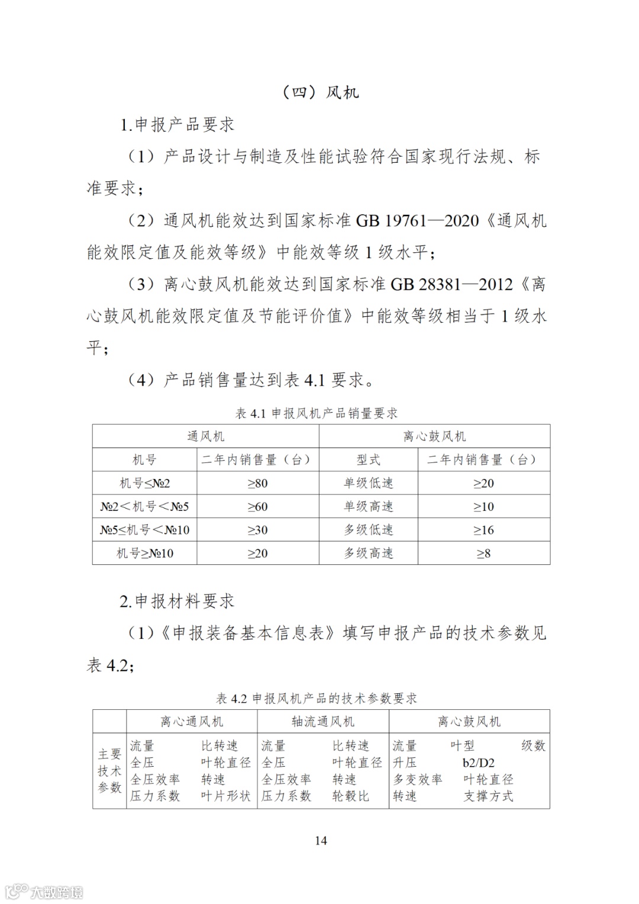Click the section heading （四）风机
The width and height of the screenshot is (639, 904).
[320, 92]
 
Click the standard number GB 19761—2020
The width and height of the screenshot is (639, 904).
[417, 221]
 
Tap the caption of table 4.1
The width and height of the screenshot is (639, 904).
[317, 413]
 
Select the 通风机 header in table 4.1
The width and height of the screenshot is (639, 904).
[205, 436]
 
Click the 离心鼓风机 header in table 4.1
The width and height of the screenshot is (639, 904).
[434, 436]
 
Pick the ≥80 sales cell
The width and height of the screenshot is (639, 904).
[257, 483]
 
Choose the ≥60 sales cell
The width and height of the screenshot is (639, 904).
[257, 507]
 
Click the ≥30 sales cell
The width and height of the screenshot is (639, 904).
[257, 530]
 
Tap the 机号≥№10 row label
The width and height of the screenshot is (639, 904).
[145, 554]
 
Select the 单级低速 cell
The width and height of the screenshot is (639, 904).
[369, 483]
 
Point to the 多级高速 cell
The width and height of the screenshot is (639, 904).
[369, 554]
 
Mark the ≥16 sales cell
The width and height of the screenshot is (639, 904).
[483, 530]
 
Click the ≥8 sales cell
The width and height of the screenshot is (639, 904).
[483, 554]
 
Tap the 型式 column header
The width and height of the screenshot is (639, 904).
[369, 460]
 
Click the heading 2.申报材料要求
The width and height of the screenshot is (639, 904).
[177, 601]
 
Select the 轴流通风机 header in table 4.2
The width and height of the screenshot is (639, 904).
[323, 722]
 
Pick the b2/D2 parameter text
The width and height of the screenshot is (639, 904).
[478, 763]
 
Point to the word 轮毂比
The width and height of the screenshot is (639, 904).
[350, 796]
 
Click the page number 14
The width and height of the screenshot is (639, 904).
[321, 841]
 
